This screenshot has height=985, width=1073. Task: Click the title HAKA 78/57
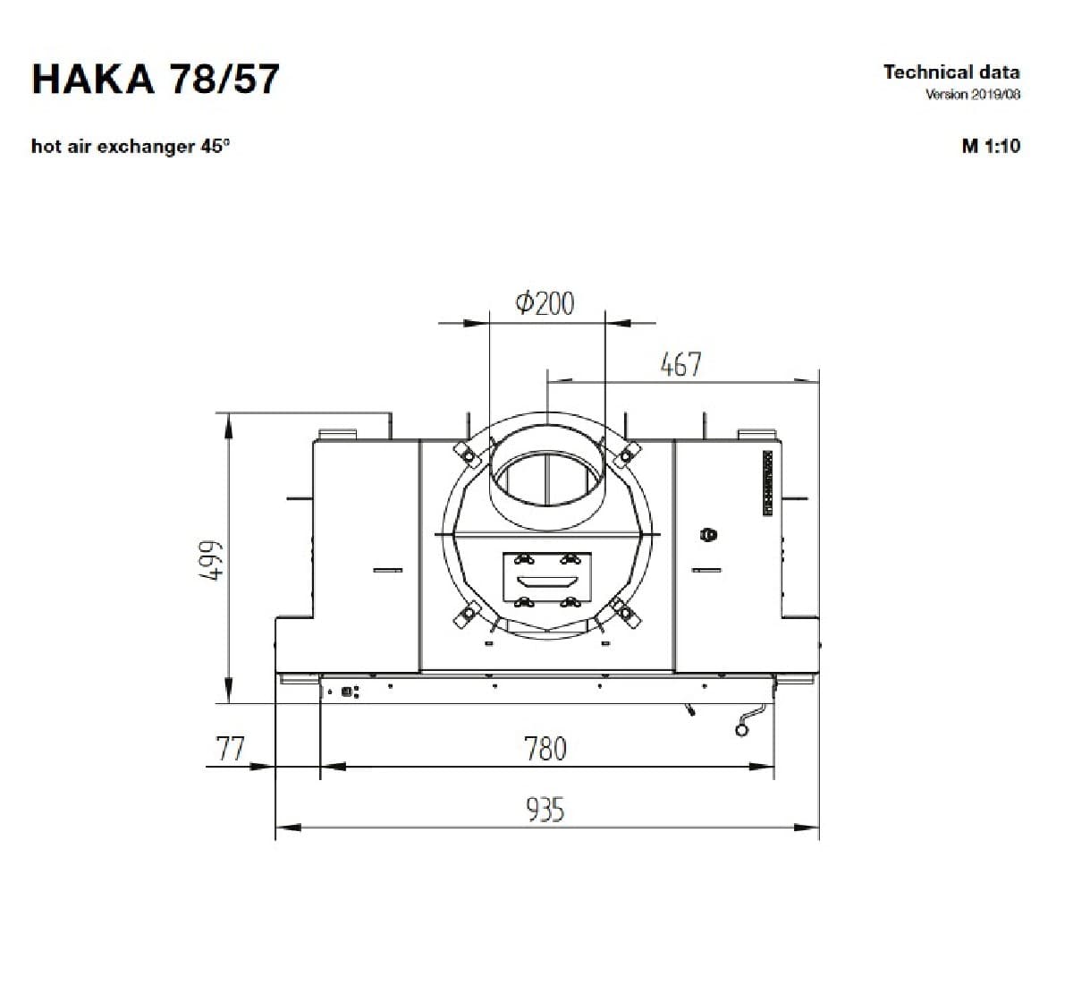click(156, 79)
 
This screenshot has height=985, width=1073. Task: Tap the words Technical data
click(951, 72)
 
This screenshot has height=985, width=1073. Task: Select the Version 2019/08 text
click(973, 95)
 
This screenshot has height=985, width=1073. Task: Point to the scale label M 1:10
click(991, 146)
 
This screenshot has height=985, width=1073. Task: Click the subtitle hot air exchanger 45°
click(131, 146)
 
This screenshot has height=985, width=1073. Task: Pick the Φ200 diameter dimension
click(545, 303)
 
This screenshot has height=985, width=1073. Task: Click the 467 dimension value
click(680, 364)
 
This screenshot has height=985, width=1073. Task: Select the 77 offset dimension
click(230, 748)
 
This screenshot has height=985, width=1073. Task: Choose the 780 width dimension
click(545, 748)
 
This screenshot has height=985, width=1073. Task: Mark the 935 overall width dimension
click(545, 811)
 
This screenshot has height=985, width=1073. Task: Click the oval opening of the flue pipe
click(546, 474)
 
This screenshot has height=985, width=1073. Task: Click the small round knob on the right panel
click(709, 535)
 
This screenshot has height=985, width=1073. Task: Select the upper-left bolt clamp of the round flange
click(465, 452)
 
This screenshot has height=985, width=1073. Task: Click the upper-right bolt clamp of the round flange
click(625, 453)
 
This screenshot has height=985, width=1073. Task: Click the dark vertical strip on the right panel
click(767, 482)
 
